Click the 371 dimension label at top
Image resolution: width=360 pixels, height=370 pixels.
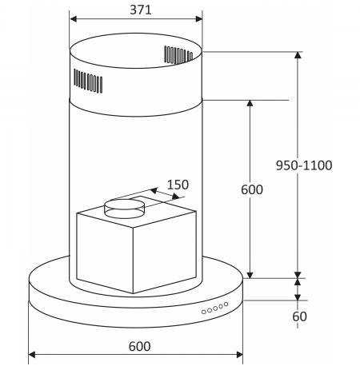[x=141, y=10]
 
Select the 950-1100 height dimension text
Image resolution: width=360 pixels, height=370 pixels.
[x=304, y=165]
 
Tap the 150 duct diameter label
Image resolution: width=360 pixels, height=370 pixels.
[x=178, y=185]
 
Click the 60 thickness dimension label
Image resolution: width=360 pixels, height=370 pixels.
[x=299, y=316]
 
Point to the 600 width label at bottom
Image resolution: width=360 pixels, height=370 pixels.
[x=139, y=346]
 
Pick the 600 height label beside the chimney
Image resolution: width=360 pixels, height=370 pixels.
[x=252, y=189]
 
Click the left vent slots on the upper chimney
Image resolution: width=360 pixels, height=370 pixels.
[x=88, y=81]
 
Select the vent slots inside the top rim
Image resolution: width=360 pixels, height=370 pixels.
[x=178, y=55]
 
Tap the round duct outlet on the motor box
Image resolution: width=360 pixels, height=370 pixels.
[x=125, y=209]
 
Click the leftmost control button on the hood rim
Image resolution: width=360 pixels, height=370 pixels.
[x=204, y=312]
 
